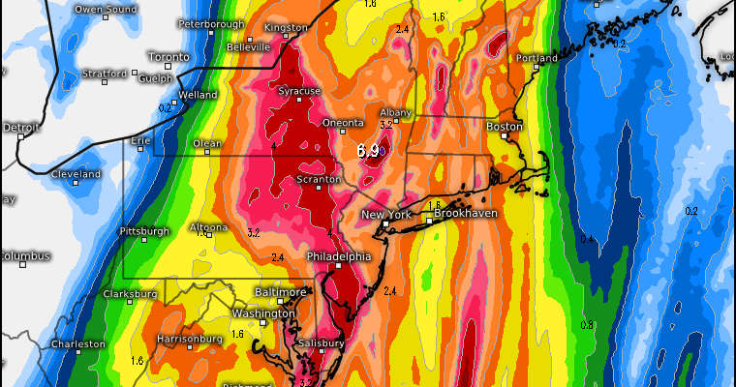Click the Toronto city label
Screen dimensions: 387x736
[x=167, y=57]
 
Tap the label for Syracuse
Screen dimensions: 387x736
[x=299, y=91]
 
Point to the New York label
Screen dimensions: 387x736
[x=387, y=214]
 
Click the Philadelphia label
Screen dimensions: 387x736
[x=338, y=256]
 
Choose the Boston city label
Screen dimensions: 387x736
[x=504, y=127]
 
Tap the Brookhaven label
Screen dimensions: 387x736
[x=466, y=212]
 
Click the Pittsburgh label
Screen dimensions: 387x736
[x=144, y=231]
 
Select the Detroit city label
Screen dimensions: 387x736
[x=21, y=127]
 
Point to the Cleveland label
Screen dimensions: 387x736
[x=77, y=174]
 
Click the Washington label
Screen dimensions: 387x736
[x=262, y=313]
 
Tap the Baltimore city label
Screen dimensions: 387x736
[x=281, y=291]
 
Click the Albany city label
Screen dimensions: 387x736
[x=395, y=113]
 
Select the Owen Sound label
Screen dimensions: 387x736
[x=104, y=9]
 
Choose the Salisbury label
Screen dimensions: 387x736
[x=321, y=343]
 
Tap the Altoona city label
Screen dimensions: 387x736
[x=208, y=227]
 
